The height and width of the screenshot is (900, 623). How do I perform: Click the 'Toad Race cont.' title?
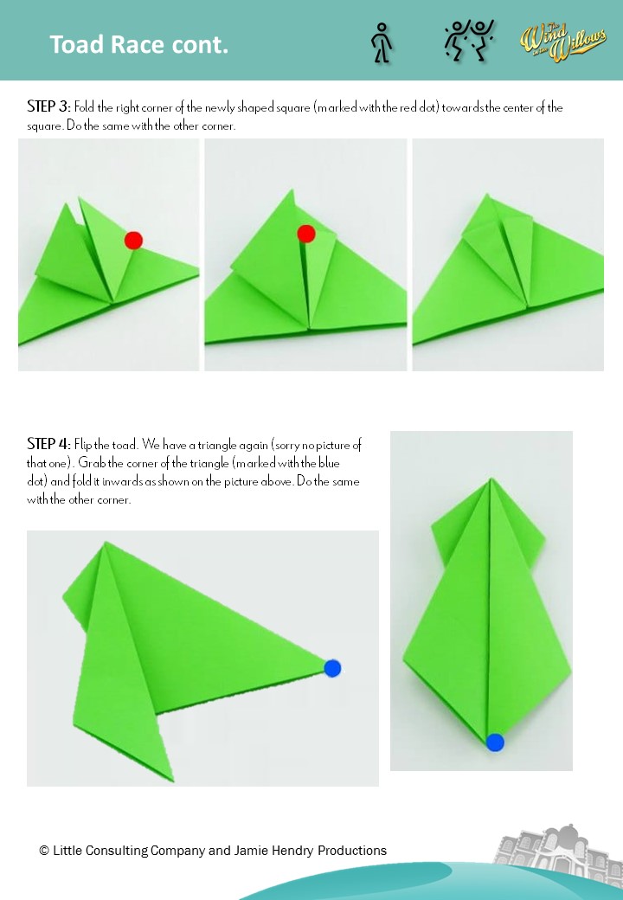[138, 45]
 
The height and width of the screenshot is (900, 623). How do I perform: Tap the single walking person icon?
[381, 42]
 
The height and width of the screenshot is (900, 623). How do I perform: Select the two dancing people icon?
[468, 42]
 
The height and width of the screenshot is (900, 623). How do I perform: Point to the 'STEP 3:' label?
[48, 108]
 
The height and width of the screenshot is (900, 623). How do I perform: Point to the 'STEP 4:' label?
[48, 445]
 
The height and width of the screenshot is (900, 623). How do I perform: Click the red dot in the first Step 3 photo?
[133, 240]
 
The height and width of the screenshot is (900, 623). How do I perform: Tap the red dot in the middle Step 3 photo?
[305, 234]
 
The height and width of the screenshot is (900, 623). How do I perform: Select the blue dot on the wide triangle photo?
[332, 668]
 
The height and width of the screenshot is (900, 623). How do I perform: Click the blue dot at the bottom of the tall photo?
[495, 742]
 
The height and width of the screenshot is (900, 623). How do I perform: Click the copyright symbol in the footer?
[44, 851]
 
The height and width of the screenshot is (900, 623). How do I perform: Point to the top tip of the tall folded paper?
[491, 479]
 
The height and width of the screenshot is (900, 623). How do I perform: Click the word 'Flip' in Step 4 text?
[84, 445]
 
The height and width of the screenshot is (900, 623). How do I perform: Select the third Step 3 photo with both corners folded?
[508, 254]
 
